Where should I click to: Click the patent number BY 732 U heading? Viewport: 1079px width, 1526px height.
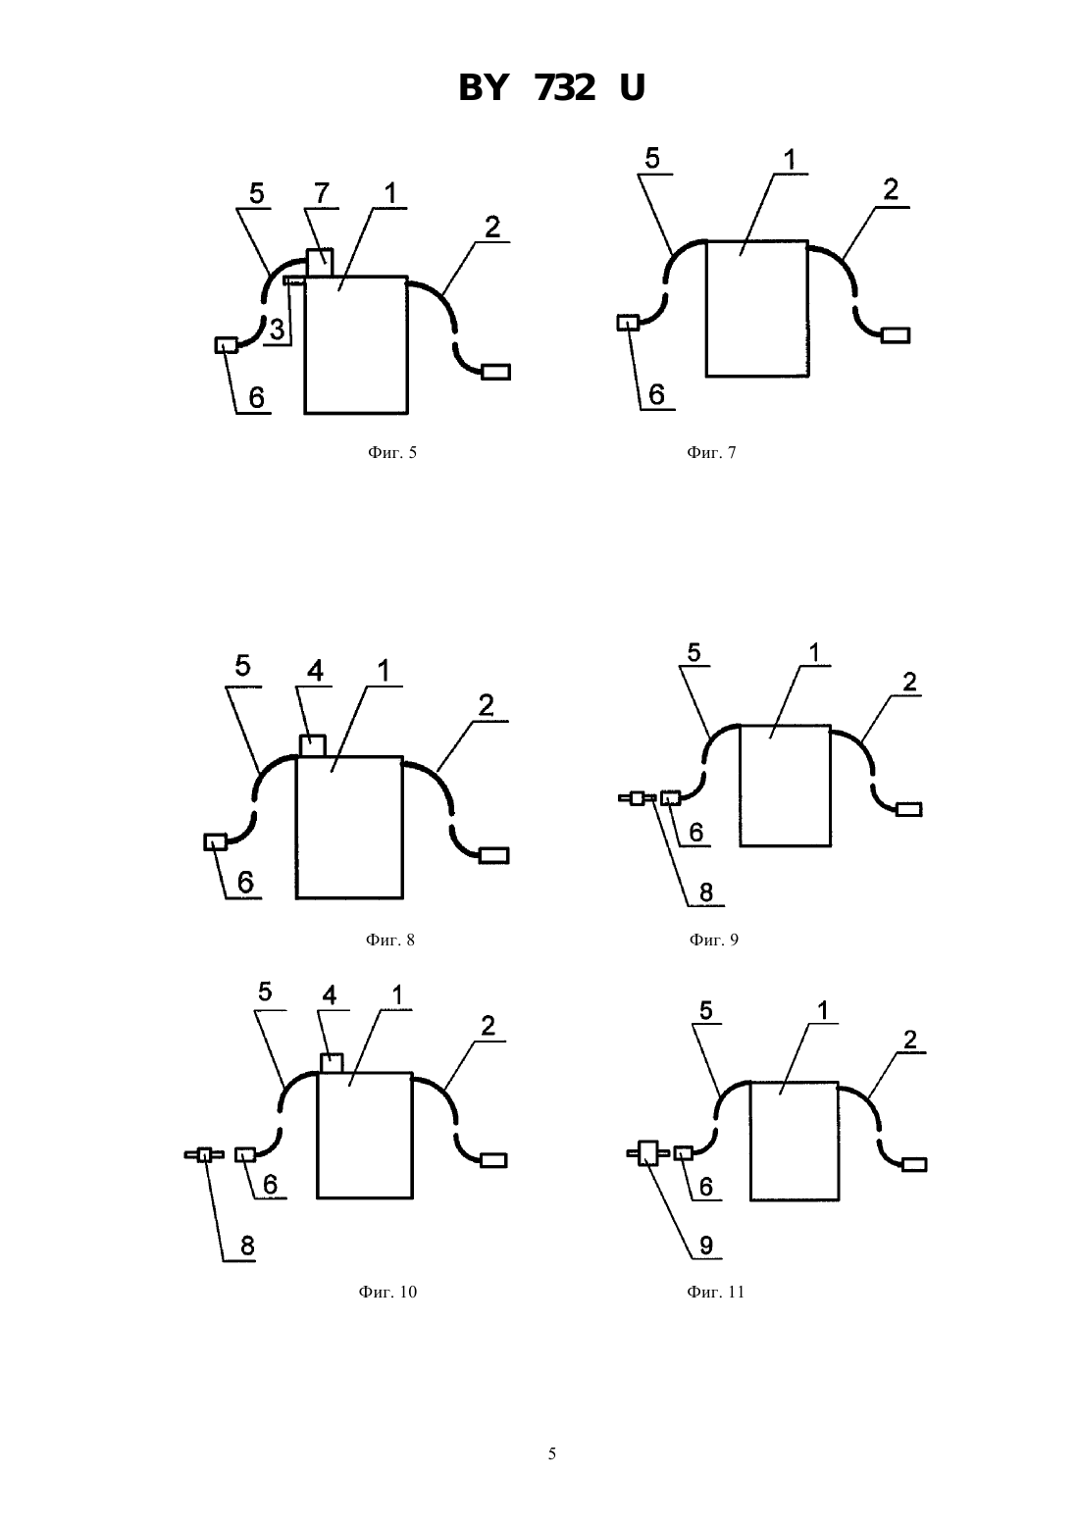click(551, 88)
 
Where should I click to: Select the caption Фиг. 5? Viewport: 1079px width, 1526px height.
click(391, 452)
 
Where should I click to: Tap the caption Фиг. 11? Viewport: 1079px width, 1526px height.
click(715, 1293)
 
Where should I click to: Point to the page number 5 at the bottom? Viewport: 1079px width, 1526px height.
click(551, 1453)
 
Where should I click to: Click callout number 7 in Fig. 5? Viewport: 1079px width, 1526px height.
click(322, 193)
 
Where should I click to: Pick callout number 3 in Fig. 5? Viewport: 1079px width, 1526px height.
click(277, 330)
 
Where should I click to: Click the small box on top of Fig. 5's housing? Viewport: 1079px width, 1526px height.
click(320, 262)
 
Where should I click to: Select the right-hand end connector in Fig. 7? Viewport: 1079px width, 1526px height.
click(896, 335)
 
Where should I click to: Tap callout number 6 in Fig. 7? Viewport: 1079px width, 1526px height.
click(656, 395)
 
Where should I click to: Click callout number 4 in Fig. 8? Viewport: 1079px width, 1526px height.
click(315, 671)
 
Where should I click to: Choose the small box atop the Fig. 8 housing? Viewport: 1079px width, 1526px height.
click(313, 745)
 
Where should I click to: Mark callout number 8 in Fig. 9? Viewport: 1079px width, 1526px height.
click(705, 892)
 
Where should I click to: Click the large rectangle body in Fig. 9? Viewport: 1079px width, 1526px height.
click(786, 786)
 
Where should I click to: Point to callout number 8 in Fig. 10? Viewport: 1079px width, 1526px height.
click(247, 1246)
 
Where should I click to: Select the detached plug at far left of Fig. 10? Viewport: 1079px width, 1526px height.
click(204, 1154)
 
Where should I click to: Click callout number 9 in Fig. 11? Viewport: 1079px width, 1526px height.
click(705, 1246)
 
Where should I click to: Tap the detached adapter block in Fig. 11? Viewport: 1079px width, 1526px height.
click(647, 1153)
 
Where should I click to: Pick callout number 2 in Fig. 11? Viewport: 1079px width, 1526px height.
click(910, 1040)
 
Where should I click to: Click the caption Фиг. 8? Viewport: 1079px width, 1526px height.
click(390, 941)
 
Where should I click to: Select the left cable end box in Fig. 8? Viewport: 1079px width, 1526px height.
click(215, 842)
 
